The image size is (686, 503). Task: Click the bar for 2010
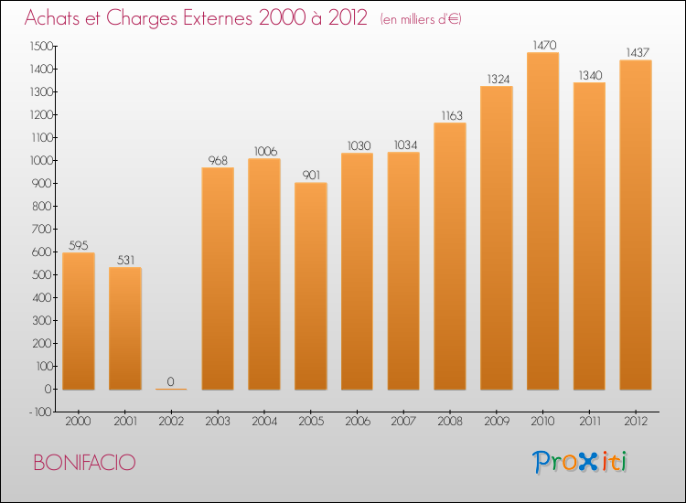(542, 221)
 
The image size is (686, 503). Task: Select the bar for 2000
(79, 321)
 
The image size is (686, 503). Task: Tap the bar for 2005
(310, 286)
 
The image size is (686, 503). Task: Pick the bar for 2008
(450, 256)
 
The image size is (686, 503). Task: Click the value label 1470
(542, 45)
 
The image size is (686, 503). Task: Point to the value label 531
(125, 260)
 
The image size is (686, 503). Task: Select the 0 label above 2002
(171, 381)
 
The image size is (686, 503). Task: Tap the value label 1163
(450, 115)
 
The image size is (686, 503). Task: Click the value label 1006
(264, 151)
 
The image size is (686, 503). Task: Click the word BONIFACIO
(84, 463)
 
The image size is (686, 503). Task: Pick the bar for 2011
(589, 236)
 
